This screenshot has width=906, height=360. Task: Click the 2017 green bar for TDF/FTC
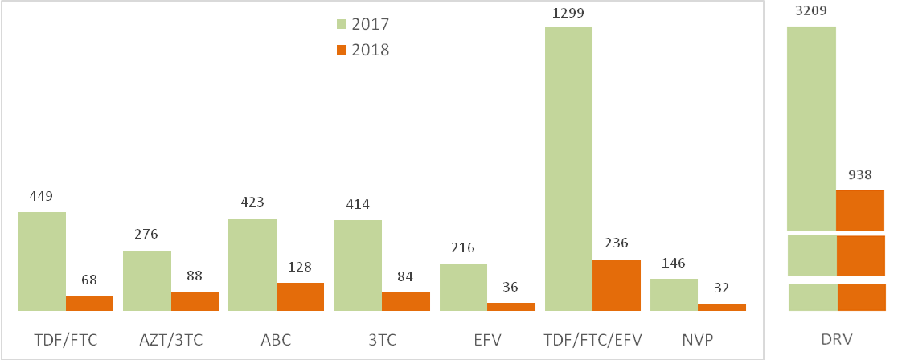point(42,261)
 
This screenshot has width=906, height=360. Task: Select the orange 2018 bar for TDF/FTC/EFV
point(617,285)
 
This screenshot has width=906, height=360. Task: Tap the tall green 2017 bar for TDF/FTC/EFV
point(568,169)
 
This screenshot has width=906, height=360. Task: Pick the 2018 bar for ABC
point(300,297)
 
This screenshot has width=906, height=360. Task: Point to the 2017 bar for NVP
point(674,295)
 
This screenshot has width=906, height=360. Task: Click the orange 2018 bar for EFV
point(511,306)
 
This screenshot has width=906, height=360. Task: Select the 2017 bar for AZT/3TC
point(147,280)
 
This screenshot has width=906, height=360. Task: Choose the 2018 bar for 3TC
point(405,301)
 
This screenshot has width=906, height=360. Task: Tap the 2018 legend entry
point(362,50)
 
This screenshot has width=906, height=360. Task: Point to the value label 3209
point(810,11)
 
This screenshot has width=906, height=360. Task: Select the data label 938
point(859,174)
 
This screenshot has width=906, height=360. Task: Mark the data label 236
point(616,243)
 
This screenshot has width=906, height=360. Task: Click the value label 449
point(41,196)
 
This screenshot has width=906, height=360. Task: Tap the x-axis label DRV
point(837,340)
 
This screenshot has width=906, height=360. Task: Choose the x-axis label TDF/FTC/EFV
point(593,340)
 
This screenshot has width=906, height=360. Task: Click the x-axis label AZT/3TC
point(170,340)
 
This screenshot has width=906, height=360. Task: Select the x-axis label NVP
point(698,340)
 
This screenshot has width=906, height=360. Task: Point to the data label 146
point(674,263)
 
